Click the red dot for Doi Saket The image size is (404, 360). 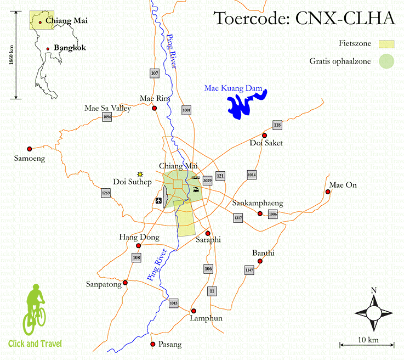point(264,135)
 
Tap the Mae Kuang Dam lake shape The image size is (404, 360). point(241,105)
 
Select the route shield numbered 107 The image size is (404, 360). point(154,73)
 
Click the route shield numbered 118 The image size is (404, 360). point(277,126)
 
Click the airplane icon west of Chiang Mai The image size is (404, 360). point(160,200)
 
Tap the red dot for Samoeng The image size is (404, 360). point(29,148)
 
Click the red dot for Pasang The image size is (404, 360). point(153,344)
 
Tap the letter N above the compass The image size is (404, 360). point(373,290)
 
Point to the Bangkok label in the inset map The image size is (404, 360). point(70,48)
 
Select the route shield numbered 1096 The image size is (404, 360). point(107,117)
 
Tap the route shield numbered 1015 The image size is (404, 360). point(174,303)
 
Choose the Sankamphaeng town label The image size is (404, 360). point(257,203)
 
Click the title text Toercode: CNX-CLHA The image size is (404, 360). point(304,18)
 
